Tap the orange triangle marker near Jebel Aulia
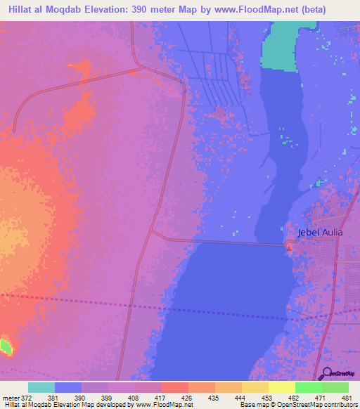tap(289, 246)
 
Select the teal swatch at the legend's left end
tap(41, 387)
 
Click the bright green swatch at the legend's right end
tap(335, 387)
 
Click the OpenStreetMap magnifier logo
tap(324, 372)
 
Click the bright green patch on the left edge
tap(6, 346)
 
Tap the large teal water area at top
tap(282, 46)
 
